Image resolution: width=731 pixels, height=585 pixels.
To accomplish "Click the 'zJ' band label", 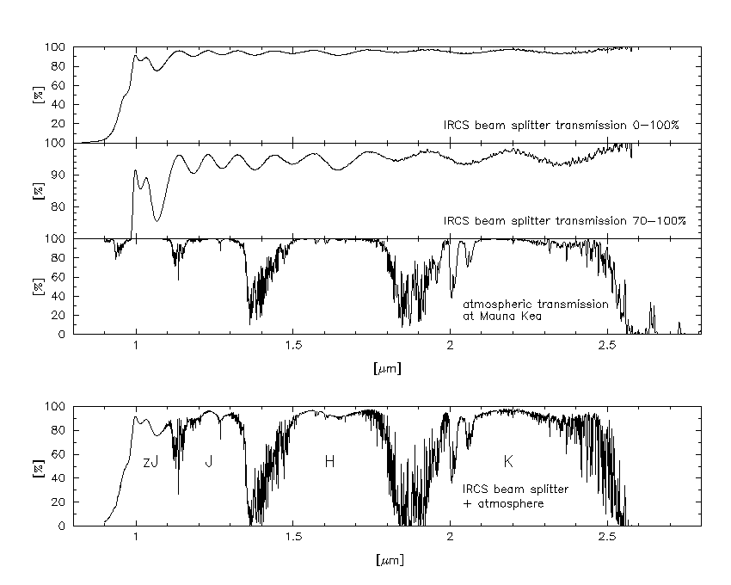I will pyautogui.click(x=150, y=462).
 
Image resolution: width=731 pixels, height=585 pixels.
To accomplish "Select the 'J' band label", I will pyautogui.click(x=208, y=462).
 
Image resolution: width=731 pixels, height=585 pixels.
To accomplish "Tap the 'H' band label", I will pyautogui.click(x=329, y=462).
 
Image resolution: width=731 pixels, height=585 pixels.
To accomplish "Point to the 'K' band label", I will pyautogui.click(x=508, y=462).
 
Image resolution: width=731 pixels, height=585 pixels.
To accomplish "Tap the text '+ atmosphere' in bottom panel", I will pyautogui.click(x=503, y=503).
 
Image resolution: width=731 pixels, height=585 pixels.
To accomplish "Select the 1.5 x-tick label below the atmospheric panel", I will pyautogui.click(x=292, y=348).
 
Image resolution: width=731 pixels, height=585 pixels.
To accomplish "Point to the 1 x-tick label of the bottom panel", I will pyautogui.click(x=136, y=539).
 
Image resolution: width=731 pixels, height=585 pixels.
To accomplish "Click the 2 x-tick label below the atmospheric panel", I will pyautogui.click(x=450, y=348).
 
